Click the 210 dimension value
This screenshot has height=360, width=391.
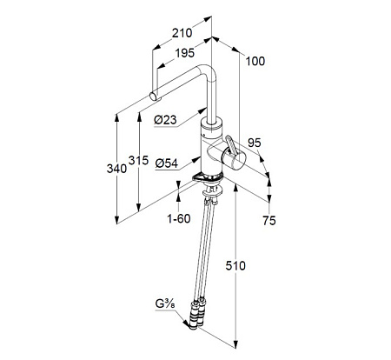tap(182, 33)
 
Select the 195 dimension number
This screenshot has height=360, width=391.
tap(185, 53)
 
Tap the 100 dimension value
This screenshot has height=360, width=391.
tap(255, 61)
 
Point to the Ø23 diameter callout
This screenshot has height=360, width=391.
tap(165, 120)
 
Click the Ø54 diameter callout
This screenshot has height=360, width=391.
tap(167, 163)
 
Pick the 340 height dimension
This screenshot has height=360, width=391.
tap(116, 169)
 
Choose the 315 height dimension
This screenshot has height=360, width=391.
tap(138, 160)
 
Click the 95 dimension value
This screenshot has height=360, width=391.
tap(255, 143)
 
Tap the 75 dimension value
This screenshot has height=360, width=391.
tap(269, 221)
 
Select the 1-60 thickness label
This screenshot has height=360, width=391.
tap(179, 218)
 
